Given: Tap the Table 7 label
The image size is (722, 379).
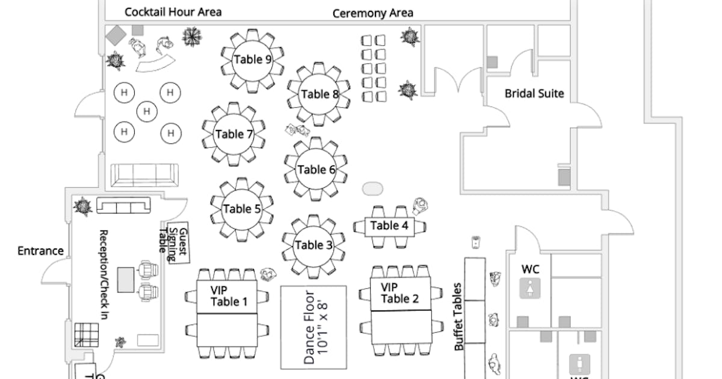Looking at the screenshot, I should [x=233, y=134].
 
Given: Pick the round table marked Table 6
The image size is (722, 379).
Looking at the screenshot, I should [x=316, y=170].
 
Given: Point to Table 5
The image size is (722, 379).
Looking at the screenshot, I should [x=242, y=209].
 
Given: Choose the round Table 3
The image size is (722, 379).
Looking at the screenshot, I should [x=313, y=245].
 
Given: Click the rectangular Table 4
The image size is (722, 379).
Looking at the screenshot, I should [x=389, y=226].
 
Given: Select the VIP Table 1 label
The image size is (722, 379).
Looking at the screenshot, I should [x=229, y=296].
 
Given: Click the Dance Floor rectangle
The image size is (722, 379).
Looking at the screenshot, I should [x=313, y=327].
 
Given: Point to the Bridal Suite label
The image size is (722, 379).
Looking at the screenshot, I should [x=534, y=93].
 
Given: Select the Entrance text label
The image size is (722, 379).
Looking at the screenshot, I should [x=40, y=251].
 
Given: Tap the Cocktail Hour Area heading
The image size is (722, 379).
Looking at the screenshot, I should [x=173, y=12].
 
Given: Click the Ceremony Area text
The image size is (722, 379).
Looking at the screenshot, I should [x=373, y=13].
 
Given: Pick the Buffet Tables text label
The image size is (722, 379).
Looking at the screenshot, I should [x=459, y=316].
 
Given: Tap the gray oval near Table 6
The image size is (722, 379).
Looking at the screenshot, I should [x=372, y=188].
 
